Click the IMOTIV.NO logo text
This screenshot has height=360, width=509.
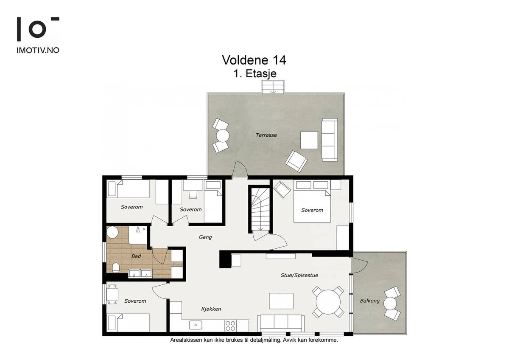pyautogui.click(x=38, y=50)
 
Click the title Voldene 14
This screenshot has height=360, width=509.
pyautogui.click(x=254, y=60)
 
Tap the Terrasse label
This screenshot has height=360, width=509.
pyautogui.click(x=266, y=135)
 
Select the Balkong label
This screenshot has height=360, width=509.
pyautogui.click(x=370, y=301)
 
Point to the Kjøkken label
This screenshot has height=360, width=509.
pyautogui.click(x=211, y=309)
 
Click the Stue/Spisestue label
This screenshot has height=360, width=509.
pyautogui.click(x=299, y=276)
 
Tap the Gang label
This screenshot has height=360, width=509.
pyautogui.click(x=205, y=237)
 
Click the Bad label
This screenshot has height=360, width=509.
pyautogui.click(x=136, y=256)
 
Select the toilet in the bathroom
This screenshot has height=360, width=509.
pyautogui.click(x=116, y=268)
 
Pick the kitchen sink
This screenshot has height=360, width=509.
pyautogui.click(x=196, y=325)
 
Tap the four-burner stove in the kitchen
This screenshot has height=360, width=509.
pyautogui.click(x=230, y=326)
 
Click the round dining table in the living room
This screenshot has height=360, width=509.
pyautogui.click(x=328, y=302)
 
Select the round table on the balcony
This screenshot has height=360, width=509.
pyautogui.click(x=390, y=304)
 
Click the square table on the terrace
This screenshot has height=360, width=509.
pyautogui.click(x=309, y=141)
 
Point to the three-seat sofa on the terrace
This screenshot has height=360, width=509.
pyautogui.click(x=330, y=140)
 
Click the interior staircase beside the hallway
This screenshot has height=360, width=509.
pyautogui.click(x=260, y=209)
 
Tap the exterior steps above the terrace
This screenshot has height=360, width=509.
pyautogui.click(x=273, y=87)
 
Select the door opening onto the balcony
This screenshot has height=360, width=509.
pyautogui.click(x=359, y=266)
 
